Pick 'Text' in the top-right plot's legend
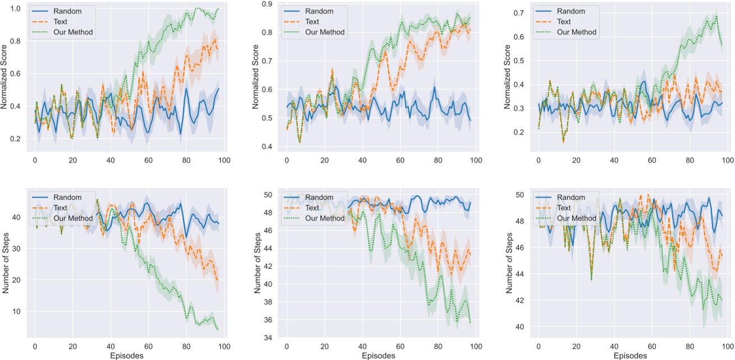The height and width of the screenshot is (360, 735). (564, 21)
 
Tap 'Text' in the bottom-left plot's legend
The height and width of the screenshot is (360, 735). (62, 208)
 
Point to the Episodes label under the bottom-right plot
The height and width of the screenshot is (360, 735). (631, 356)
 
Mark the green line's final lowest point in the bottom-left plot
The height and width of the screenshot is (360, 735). (217, 330)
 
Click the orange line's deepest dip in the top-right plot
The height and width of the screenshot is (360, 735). (563, 143)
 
